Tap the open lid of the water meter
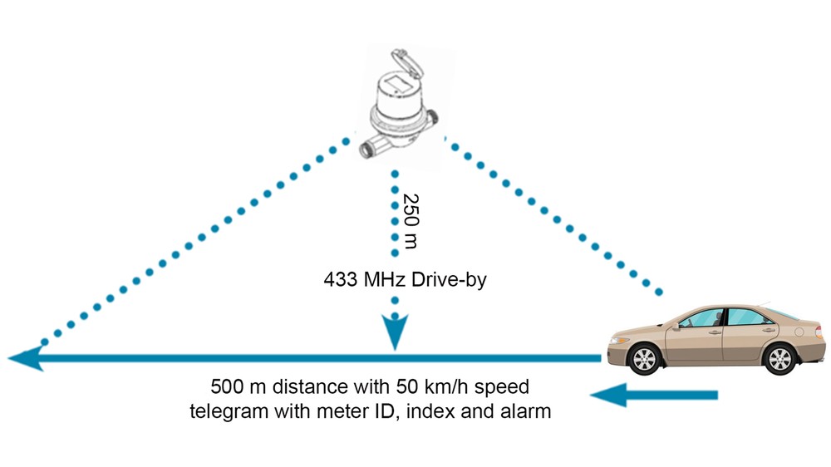(407, 64)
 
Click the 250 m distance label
(411, 221)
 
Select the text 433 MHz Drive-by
(405, 279)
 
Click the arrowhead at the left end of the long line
(26, 358)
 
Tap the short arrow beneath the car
(654, 395)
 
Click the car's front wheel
(645, 359)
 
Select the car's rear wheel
(779, 359)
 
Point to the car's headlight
(619, 341)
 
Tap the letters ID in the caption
(387, 410)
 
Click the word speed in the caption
(501, 387)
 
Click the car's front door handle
(715, 332)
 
